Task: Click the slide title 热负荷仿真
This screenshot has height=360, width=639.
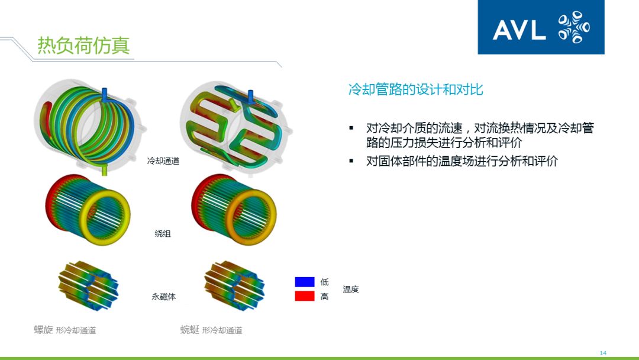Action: tap(83, 46)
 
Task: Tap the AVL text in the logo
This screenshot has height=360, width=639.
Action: tap(519, 30)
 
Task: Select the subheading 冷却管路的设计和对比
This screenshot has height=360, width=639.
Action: tap(415, 89)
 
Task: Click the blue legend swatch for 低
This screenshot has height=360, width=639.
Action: tap(304, 282)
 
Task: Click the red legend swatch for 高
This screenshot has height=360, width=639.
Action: tap(304, 296)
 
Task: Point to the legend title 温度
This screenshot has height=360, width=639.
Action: tap(351, 289)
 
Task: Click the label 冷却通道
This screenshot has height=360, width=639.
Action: tap(163, 161)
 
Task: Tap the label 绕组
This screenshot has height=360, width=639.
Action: tap(163, 234)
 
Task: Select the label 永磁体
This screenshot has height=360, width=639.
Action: tap(163, 297)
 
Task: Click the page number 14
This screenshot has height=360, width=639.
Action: tap(603, 353)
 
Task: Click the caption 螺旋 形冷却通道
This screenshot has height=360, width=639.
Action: tap(64, 330)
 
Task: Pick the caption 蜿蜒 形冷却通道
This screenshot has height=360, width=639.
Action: tap(211, 330)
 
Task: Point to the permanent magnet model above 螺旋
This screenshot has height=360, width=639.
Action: tap(88, 284)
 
